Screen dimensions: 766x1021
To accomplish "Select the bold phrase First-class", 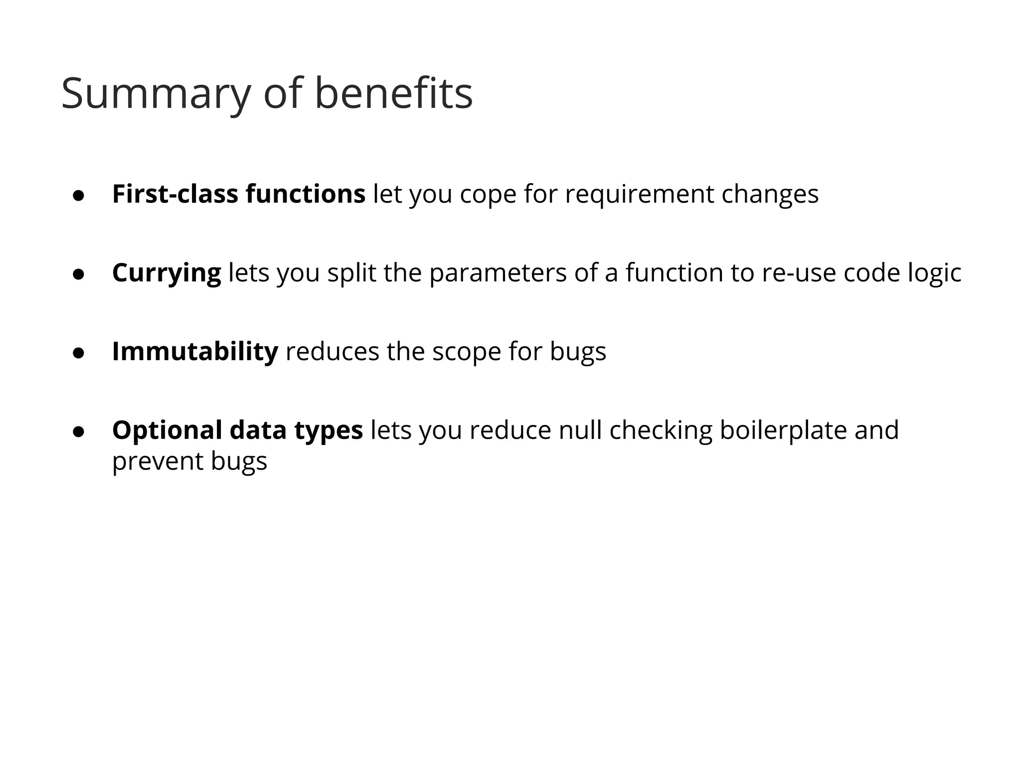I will point(175,194).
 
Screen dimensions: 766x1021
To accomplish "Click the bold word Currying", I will point(167,274).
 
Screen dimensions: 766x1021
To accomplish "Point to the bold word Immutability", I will point(195,352).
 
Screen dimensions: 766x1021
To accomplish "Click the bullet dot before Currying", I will point(78,275).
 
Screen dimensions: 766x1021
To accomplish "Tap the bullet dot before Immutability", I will point(78,354).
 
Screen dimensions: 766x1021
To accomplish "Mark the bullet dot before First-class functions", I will point(78,196).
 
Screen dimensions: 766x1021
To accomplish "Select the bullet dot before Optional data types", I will point(78,432).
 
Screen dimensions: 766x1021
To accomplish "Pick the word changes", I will point(770,195).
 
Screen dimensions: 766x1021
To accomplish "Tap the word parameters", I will point(498,273).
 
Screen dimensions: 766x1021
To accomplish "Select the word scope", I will point(466,353).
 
